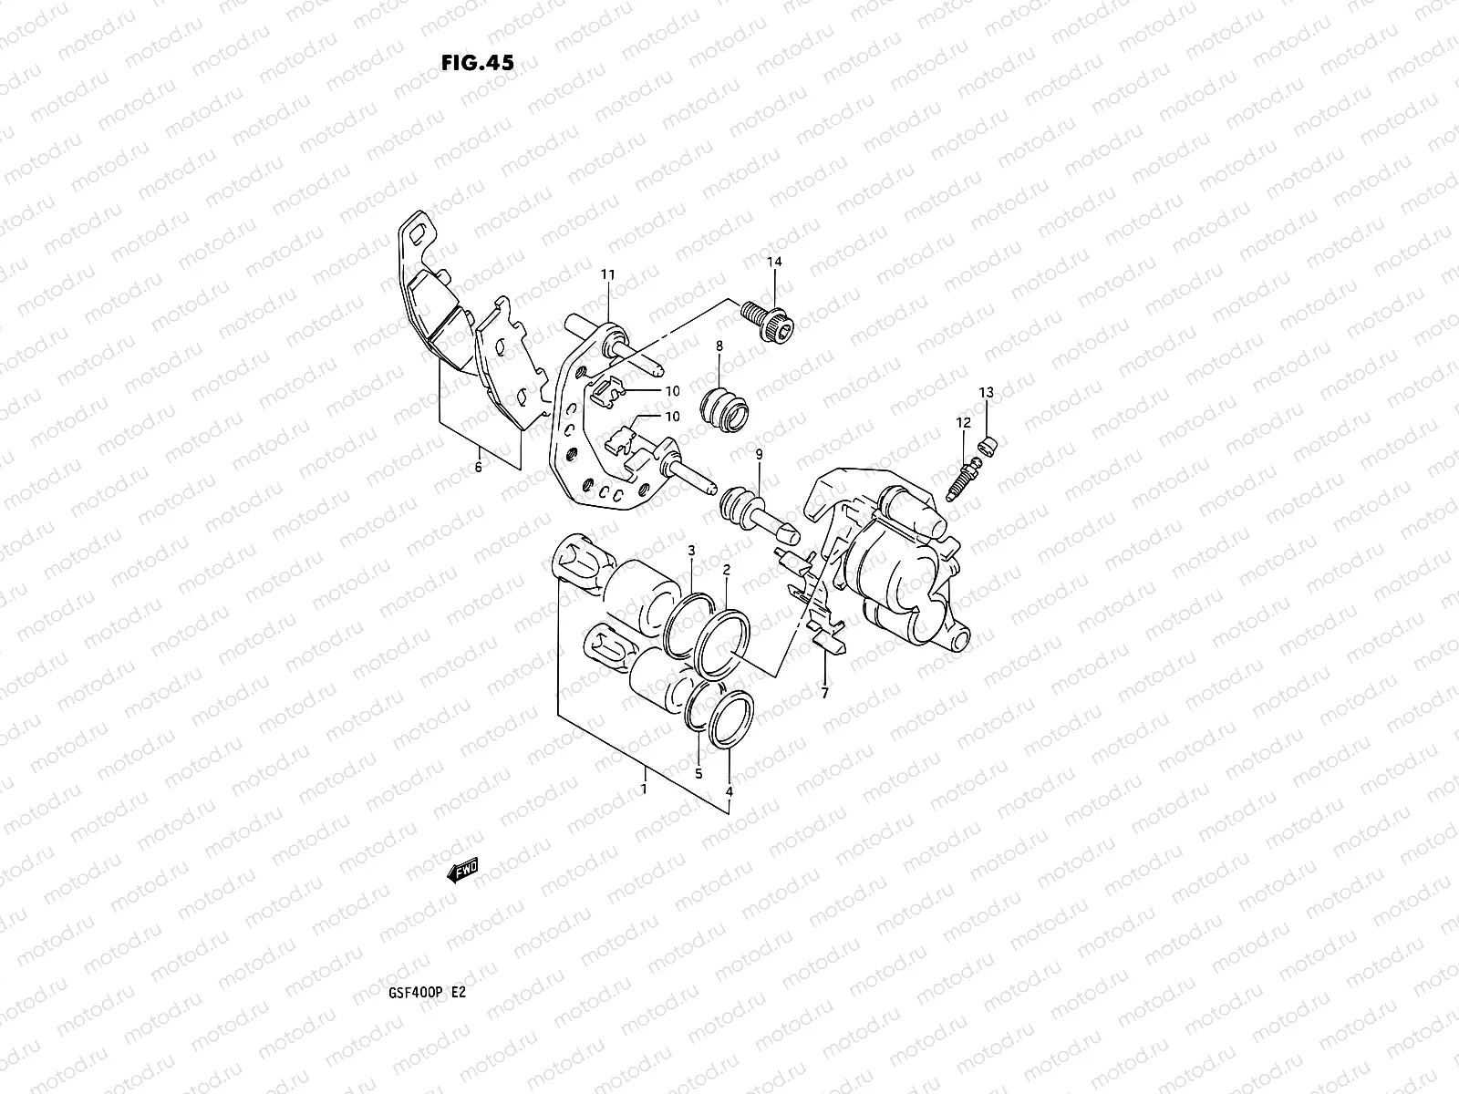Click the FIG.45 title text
(476, 63)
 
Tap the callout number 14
(774, 263)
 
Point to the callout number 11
(607, 274)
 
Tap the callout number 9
(758, 454)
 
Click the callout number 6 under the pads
(478, 467)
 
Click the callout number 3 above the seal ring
(691, 551)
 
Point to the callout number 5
(698, 773)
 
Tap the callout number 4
(729, 792)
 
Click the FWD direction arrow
(462, 872)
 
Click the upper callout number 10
(672, 391)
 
